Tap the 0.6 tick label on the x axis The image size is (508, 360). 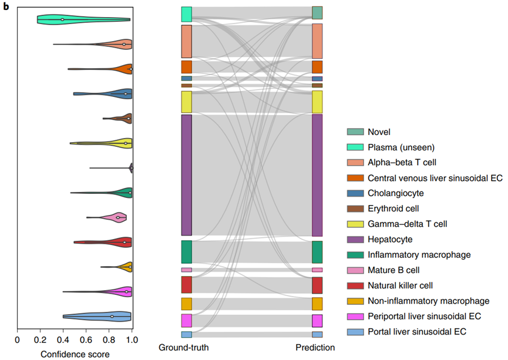86,339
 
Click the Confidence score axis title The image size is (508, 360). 75,354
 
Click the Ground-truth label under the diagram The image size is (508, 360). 184,348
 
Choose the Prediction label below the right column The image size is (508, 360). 316,348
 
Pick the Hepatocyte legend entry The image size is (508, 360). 390,240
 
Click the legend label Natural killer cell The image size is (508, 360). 400,285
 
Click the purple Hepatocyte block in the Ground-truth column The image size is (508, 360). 187,175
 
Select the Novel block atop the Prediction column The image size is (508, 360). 317,13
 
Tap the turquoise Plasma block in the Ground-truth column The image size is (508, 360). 187,14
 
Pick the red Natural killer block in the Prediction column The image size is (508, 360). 317,285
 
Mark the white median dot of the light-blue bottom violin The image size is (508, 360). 112,317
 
